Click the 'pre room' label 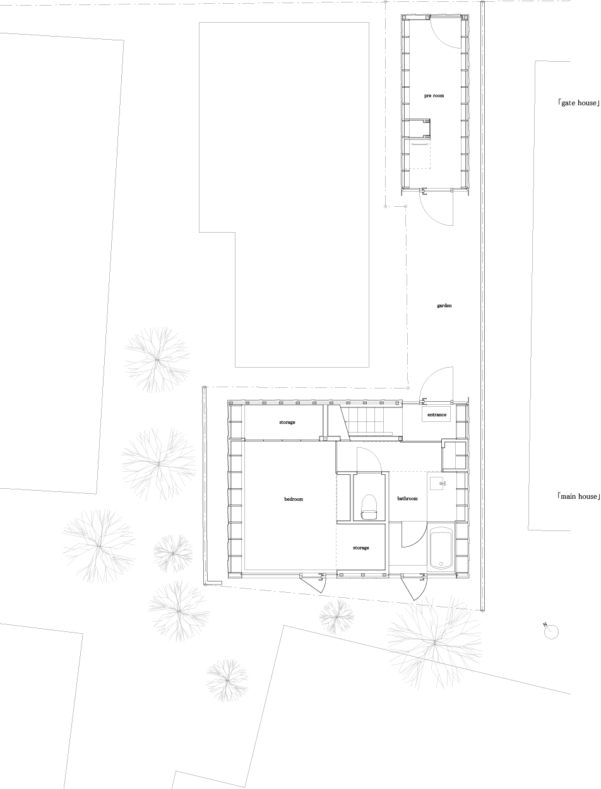[x=434, y=96]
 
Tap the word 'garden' [x=444, y=305]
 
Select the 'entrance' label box [x=436, y=414]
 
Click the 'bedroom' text [x=294, y=499]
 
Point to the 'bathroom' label [x=407, y=498]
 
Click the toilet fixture [x=369, y=507]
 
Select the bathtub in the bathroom [x=441, y=548]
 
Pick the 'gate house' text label [x=578, y=103]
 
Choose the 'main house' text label [x=578, y=496]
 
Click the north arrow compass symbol [x=550, y=631]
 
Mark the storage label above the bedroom [x=287, y=422]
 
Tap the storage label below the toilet [x=360, y=548]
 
